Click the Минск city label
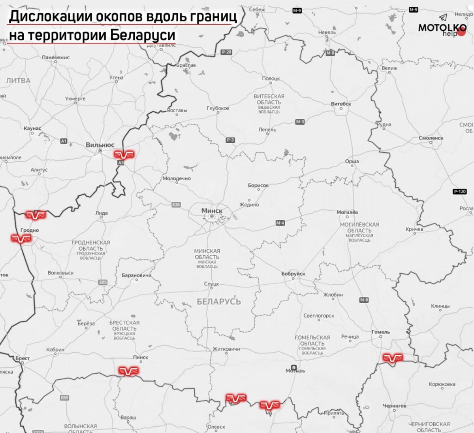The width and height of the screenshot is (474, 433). pos(212,210)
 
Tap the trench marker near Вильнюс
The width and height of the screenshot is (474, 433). pos(124,154)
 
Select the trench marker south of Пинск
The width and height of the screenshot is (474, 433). pos(129,371)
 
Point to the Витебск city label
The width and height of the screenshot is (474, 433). pos(341,104)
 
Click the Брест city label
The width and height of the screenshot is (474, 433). pos(23,358)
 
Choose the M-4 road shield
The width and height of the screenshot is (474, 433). pos(280,223)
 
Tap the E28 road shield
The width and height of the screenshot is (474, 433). pos(176,204)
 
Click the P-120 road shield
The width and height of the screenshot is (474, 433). pos(459,191)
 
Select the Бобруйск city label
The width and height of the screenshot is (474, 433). pos(293,274)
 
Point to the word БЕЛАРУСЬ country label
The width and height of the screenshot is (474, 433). pos(218,302)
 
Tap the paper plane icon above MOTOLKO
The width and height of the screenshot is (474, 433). pos(444,17)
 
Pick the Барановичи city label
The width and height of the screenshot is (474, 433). pos(136,275)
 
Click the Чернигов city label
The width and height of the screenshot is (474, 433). pos(394,406)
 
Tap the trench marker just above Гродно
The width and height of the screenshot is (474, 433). pos(36,215)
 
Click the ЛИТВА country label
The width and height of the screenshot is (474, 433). pos(18,81)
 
